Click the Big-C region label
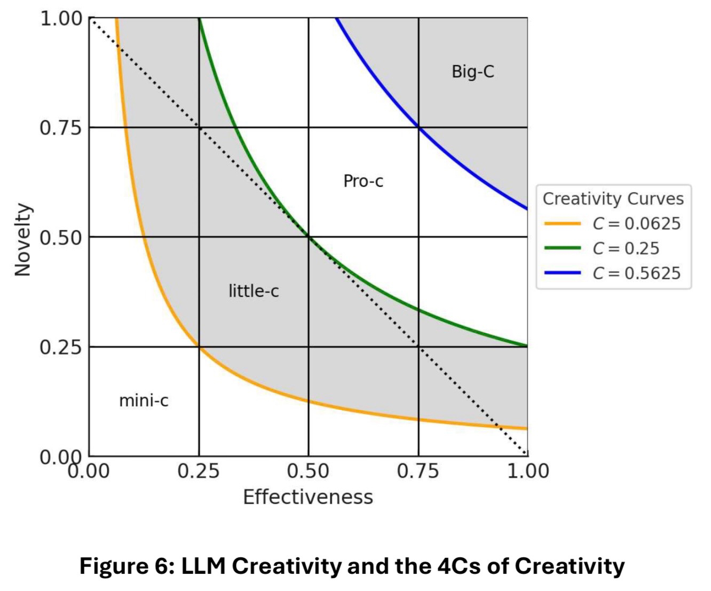click(473, 72)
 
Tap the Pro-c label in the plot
click(363, 182)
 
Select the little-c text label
click(254, 291)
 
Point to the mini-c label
click(144, 400)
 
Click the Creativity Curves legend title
click(613, 199)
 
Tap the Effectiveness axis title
click(307, 497)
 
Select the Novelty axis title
click(22, 240)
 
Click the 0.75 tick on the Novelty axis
click(60, 128)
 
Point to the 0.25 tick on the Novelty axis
click(60, 347)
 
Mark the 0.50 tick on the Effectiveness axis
click(308, 471)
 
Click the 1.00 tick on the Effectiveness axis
click(527, 471)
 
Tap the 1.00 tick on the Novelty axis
click(60, 19)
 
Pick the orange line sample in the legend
click(563, 223)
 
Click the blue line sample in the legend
click(563, 273)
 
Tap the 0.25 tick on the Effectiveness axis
click(199, 471)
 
